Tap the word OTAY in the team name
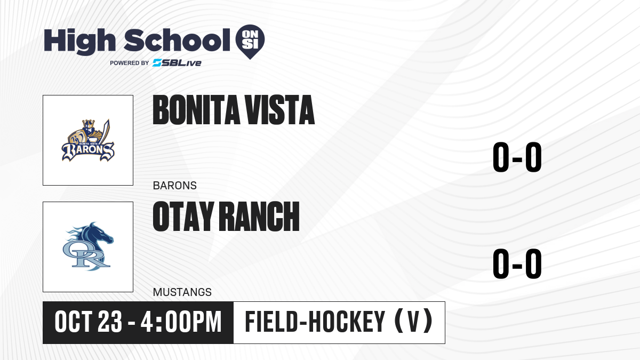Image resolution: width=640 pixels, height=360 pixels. click(x=183, y=217)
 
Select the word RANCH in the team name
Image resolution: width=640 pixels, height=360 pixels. click(x=260, y=217)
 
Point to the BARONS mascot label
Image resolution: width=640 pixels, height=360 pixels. click(x=175, y=186)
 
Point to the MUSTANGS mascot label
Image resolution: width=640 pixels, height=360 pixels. click(x=182, y=292)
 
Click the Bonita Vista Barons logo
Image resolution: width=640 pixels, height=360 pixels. click(x=88, y=140)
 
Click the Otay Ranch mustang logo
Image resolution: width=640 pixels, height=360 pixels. click(x=88, y=246)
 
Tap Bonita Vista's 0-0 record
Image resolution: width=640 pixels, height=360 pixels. click(x=517, y=157)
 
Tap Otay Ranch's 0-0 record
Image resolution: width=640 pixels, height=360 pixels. click(x=517, y=263)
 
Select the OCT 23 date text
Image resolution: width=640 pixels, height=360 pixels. click(x=89, y=322)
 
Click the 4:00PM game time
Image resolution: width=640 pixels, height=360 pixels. click(x=181, y=322)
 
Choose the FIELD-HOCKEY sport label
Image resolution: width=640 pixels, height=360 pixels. click(x=315, y=322)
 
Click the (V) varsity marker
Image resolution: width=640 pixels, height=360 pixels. click(x=413, y=322)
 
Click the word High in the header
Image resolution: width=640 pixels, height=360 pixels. click(x=80, y=41)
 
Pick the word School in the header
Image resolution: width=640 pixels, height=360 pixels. click(x=177, y=40)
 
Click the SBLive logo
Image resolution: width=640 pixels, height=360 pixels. click(x=177, y=63)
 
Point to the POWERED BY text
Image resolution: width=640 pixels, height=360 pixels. click(x=130, y=63)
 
